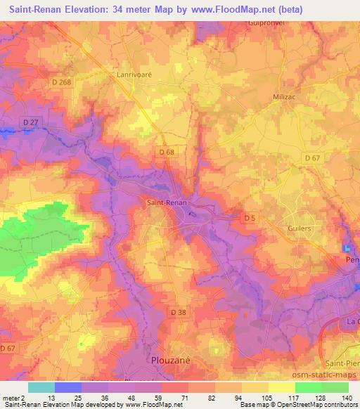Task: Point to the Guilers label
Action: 300,228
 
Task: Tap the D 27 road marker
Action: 30,123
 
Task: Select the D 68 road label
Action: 167,152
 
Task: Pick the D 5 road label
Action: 250,218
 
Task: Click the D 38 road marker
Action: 179,311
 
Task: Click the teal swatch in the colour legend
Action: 42,387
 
